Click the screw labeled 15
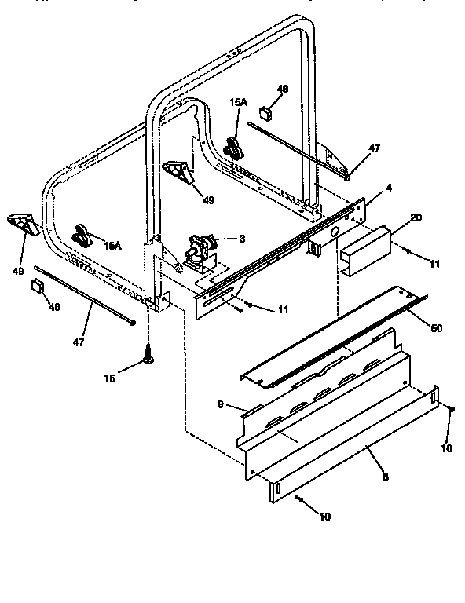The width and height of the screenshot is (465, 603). (x=148, y=360)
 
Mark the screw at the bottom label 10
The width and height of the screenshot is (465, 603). (x=299, y=498)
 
